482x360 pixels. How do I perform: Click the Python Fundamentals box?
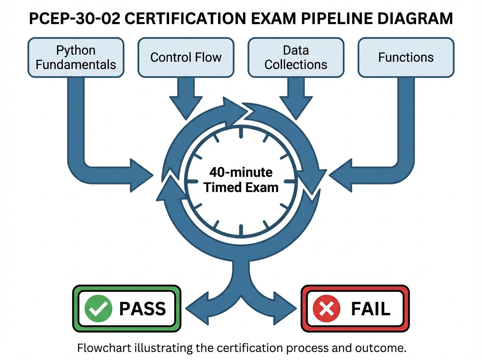[76, 57]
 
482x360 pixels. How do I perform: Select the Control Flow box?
[186, 57]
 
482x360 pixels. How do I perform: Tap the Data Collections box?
[296, 57]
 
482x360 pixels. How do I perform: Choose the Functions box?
[406, 57]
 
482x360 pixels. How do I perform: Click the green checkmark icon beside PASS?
[98, 309]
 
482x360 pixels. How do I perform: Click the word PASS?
[142, 309]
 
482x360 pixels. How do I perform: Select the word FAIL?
[370, 309]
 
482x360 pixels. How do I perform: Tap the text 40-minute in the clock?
[241, 172]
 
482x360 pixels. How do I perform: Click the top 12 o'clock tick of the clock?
[241, 134]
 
